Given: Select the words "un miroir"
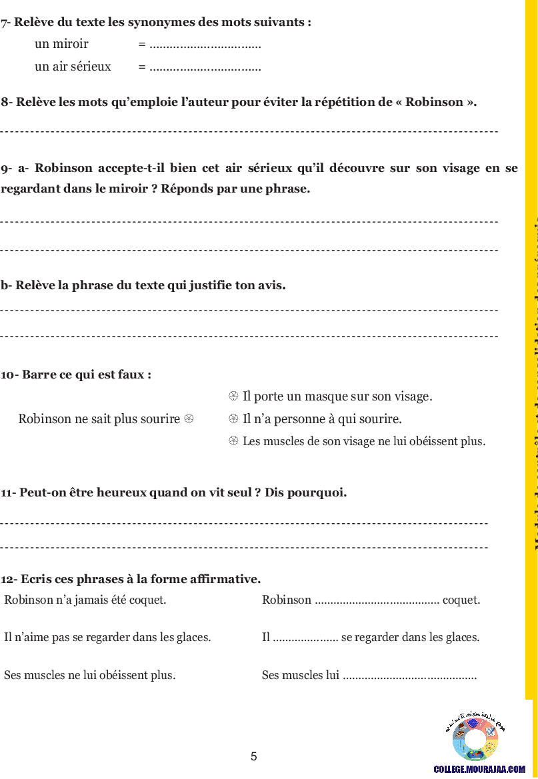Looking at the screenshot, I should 61,45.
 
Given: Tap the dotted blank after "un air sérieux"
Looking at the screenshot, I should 205,67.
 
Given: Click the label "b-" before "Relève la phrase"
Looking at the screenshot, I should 6,285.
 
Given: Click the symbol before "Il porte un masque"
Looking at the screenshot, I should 233,396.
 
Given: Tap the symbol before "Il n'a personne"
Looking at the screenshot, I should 233,419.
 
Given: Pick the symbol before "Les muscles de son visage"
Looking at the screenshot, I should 233,441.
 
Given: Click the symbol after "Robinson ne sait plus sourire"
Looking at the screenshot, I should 189,419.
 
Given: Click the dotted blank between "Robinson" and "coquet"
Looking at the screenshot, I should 377,600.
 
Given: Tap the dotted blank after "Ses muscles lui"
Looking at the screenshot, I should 409,676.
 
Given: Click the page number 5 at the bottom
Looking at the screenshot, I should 253,756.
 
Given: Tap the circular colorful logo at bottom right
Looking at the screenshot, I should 475,738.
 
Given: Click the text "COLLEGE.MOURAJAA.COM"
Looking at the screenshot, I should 479,769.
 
